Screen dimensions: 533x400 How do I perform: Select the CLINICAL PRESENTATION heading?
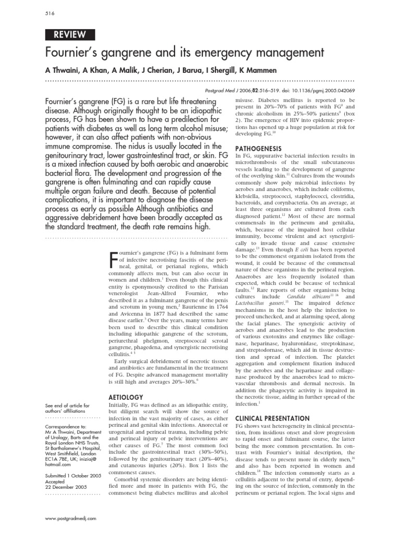272,417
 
